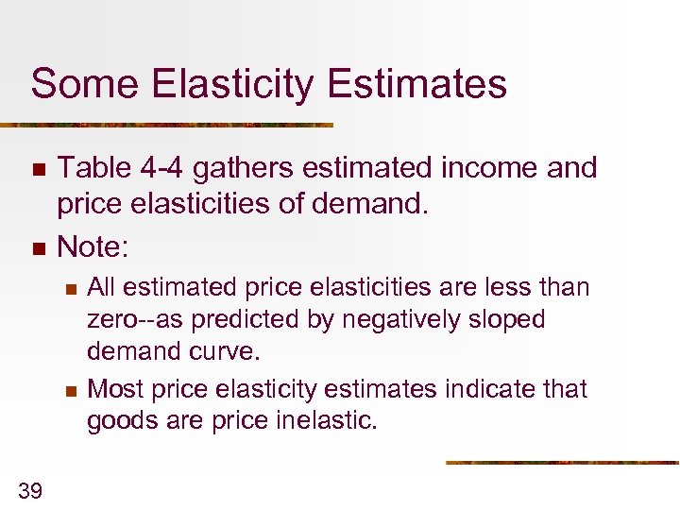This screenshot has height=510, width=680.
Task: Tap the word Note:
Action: (93, 247)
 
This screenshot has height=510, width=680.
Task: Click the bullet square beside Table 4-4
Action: (38, 170)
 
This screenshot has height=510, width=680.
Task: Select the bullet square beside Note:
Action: (38, 249)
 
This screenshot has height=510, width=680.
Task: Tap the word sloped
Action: (509, 319)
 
